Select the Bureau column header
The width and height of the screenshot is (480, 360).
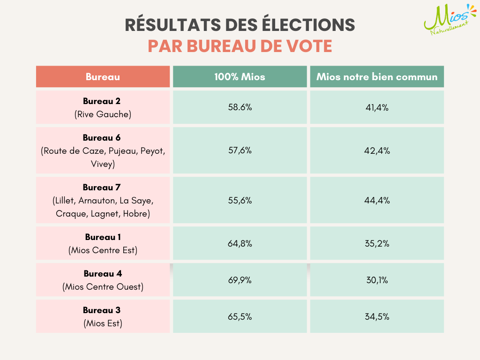(x=103, y=77)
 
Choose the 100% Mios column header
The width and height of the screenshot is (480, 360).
(x=240, y=77)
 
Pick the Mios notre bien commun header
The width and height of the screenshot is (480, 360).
(x=377, y=77)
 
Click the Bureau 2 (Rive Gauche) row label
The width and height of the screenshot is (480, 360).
(x=103, y=107)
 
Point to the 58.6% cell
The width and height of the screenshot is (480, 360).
(x=240, y=107)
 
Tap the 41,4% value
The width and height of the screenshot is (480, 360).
(x=377, y=107)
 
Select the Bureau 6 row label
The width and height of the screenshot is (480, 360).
(x=103, y=150)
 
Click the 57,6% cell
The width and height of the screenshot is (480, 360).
(x=240, y=150)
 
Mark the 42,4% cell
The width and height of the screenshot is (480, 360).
(x=377, y=150)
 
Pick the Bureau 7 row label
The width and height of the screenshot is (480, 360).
(x=103, y=200)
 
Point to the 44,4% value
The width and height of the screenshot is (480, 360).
(x=377, y=200)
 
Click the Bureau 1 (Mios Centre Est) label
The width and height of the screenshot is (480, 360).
(x=103, y=243)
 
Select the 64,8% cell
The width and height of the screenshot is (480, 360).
(x=240, y=243)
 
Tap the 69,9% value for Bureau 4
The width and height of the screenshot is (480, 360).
(x=240, y=280)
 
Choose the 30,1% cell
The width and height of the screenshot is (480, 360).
(x=377, y=280)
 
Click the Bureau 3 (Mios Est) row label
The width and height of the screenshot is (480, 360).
(x=103, y=316)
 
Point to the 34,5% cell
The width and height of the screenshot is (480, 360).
(x=377, y=316)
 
